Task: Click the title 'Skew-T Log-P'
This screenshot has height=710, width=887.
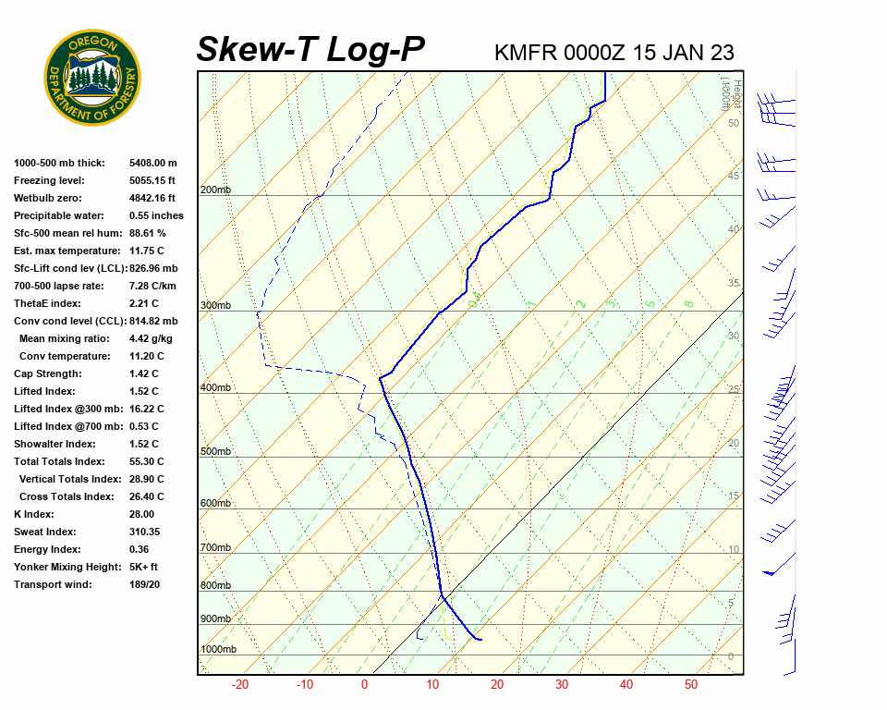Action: pos(310,50)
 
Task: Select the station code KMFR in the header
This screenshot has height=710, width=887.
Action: pos(526,52)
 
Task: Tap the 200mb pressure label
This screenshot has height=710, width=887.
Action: pos(215,190)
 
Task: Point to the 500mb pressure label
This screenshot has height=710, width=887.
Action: pos(215,452)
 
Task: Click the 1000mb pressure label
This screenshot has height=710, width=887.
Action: pos(218,650)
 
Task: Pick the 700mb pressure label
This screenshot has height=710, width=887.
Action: pos(215,548)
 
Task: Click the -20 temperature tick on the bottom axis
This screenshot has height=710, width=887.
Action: pos(240,685)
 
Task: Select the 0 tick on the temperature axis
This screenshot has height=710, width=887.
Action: pos(364,685)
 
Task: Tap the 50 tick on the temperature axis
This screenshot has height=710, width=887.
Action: pos(691,685)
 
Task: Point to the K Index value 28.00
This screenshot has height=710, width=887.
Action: pos(141,514)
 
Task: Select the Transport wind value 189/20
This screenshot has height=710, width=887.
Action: pos(144,584)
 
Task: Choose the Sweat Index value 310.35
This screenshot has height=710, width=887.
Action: pos(145,532)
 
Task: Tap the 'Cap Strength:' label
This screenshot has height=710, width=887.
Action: pos(48,373)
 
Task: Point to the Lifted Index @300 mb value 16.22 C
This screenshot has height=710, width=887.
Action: pos(146,409)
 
